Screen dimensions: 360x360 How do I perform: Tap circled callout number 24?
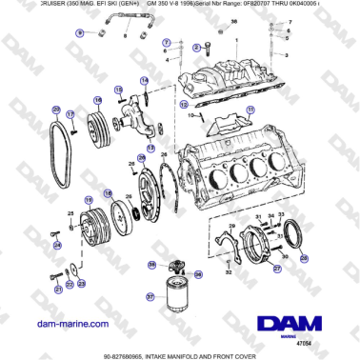[57, 245]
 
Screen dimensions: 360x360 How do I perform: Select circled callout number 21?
[58, 288]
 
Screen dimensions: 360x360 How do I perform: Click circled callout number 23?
[80, 283]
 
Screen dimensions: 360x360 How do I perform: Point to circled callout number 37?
[151, 295]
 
